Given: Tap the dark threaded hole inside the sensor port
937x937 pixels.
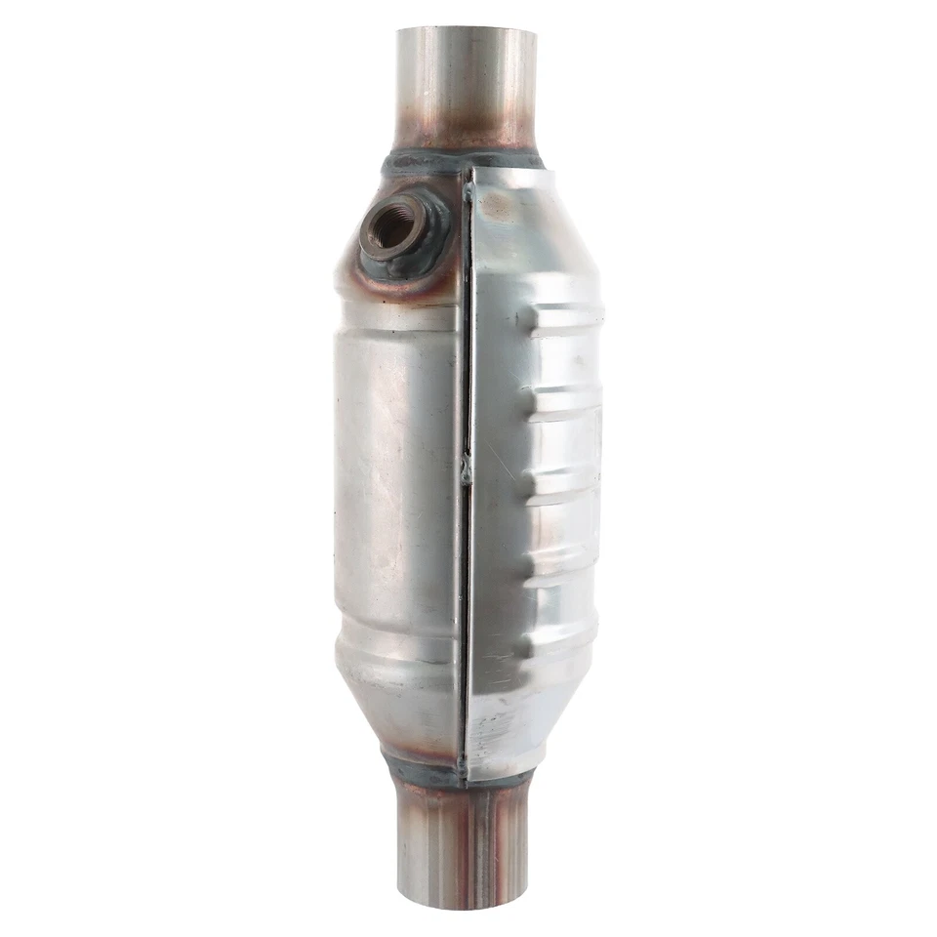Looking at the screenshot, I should (x=395, y=226).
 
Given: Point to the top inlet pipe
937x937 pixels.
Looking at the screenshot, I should (x=466, y=88).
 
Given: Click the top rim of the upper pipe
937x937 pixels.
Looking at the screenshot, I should (x=466, y=31).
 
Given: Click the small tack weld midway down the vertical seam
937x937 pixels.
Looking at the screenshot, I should (x=467, y=469).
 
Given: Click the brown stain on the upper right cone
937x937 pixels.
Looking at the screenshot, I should (x=498, y=205).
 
